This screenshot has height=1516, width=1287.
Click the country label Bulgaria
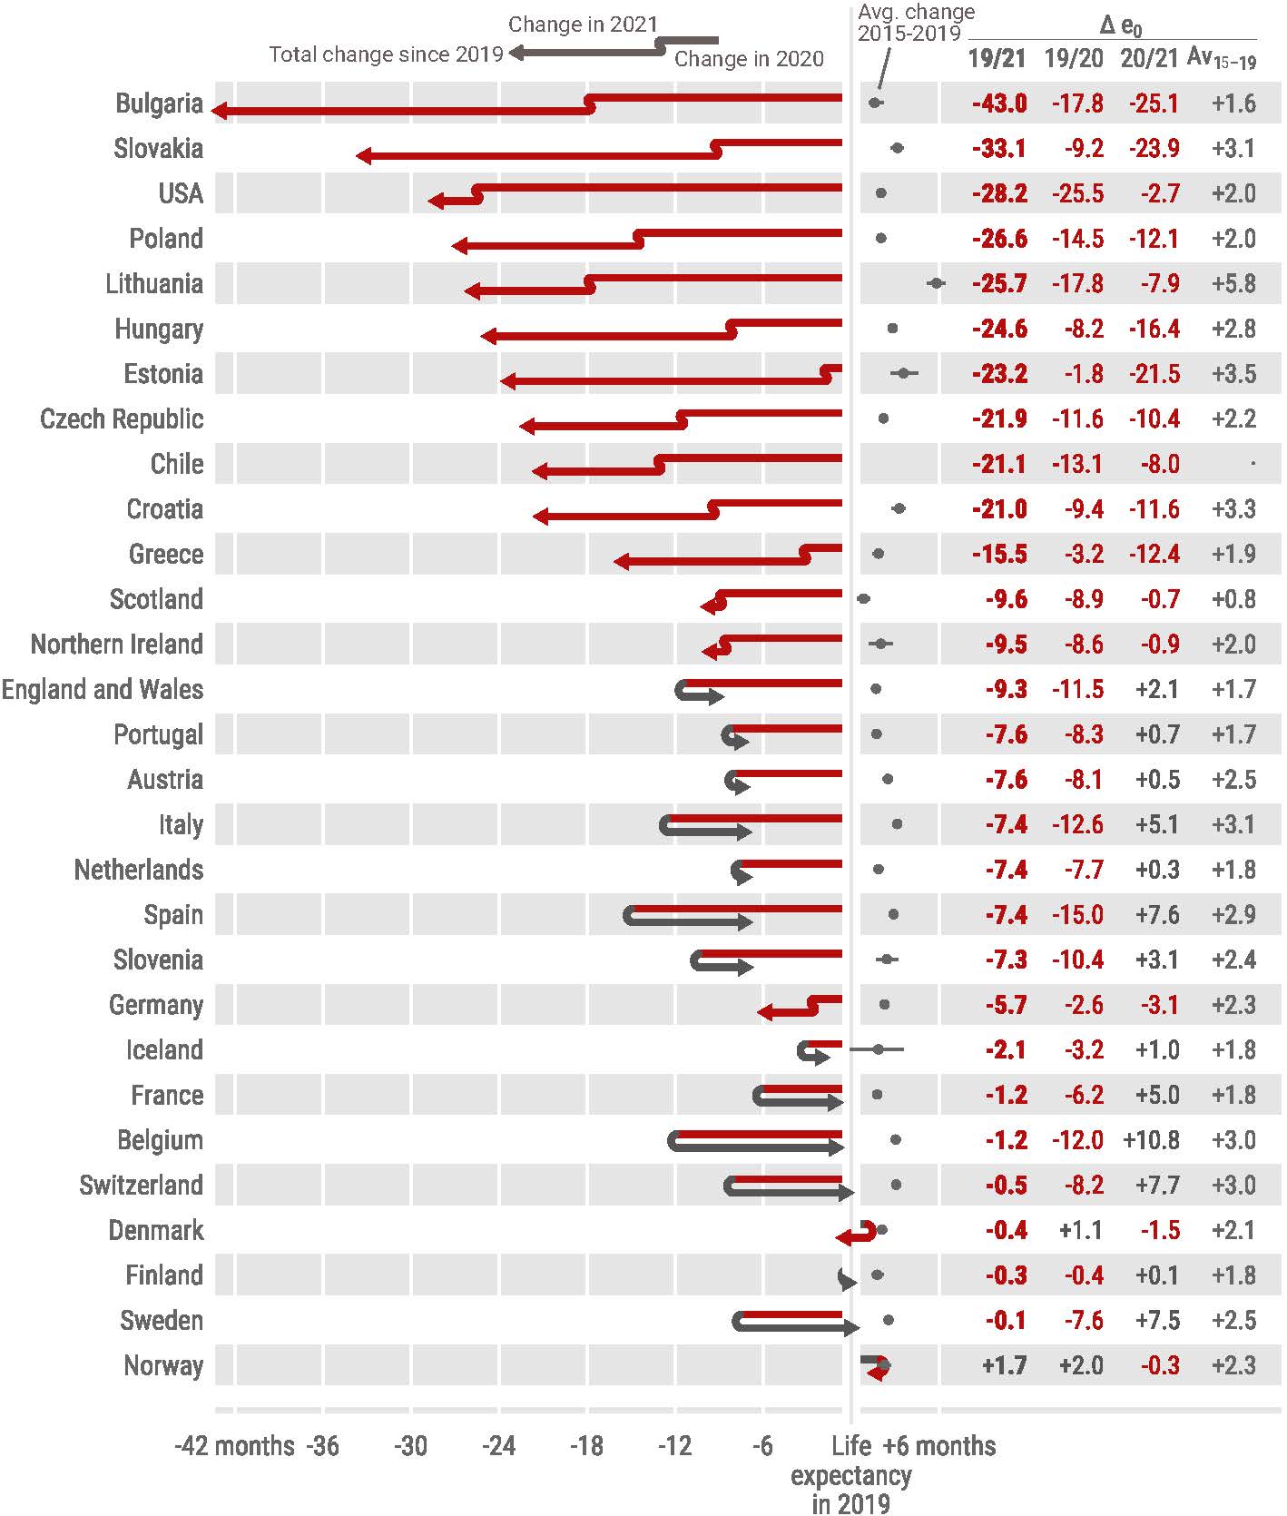point(159,103)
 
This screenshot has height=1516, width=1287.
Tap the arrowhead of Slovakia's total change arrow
point(364,156)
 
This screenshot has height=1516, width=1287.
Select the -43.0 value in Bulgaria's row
point(999,103)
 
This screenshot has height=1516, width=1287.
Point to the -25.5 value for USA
point(1077,193)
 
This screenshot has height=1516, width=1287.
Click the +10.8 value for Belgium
point(1151,1140)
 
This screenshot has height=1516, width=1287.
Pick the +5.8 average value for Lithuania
point(1233,283)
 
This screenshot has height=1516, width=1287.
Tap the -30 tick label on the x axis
point(410,1446)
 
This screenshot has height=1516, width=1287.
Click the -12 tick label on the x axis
point(674,1446)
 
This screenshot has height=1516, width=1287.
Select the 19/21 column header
point(997,59)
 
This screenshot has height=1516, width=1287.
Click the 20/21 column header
point(1149,59)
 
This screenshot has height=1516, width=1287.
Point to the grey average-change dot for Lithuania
point(936,283)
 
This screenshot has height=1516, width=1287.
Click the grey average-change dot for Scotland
point(863,599)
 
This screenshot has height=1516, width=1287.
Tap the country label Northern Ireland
point(117,645)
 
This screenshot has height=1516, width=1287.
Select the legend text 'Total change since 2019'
point(386,54)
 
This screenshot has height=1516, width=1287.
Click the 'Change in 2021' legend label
point(583,25)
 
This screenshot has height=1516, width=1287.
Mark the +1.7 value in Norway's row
point(1004,1365)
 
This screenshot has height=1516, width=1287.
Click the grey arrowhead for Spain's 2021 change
point(745,922)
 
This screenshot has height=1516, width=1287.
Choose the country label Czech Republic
point(122,419)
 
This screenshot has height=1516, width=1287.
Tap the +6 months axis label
point(939,1446)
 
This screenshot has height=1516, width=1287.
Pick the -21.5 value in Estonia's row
point(1154,374)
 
